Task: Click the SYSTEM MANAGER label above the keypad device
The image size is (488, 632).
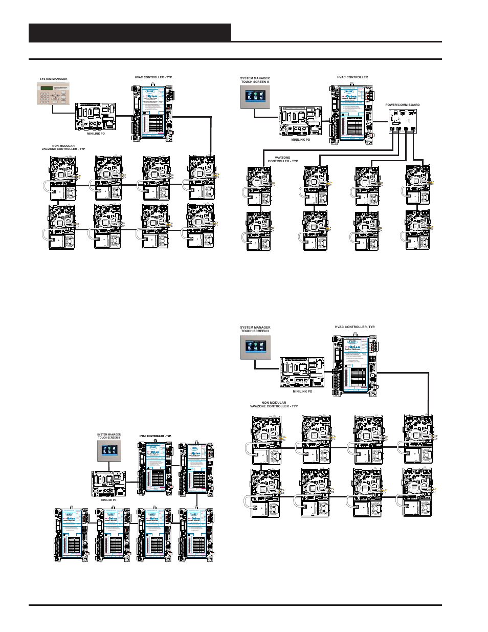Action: click(53, 79)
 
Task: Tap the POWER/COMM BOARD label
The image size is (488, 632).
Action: click(402, 105)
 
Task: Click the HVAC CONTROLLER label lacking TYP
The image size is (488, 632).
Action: click(352, 77)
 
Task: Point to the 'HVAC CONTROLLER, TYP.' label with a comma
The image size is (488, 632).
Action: click(355, 326)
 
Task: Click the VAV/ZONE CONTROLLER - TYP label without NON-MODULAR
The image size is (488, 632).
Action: click(282, 159)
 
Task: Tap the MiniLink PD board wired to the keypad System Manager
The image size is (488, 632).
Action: click(96, 117)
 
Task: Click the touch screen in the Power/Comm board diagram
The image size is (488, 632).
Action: click(255, 97)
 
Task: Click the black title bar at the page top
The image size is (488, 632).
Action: click(130, 32)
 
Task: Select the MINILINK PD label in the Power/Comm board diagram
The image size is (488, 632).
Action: click(301, 140)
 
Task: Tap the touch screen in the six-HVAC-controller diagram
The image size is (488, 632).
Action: click(109, 451)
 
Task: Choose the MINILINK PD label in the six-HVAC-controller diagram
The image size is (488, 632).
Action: click(108, 500)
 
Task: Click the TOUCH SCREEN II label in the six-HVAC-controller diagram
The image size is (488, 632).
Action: click(109, 438)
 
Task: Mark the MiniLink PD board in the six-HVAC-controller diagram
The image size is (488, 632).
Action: click(108, 484)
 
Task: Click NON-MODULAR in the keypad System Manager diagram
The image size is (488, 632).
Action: click(63, 146)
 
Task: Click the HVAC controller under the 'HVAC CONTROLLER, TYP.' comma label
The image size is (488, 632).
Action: click(354, 365)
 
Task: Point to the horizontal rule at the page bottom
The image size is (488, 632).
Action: click(235, 605)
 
